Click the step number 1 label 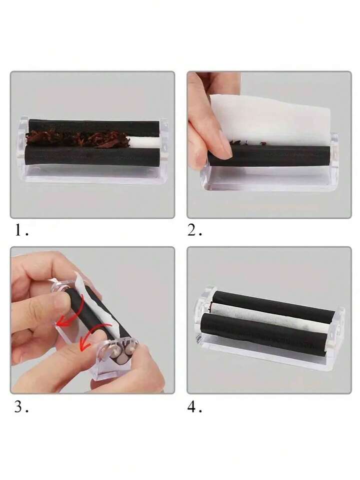point(21,230)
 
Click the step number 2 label point(194,230)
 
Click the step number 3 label point(21,407)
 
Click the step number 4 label point(194,407)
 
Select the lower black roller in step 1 point(92,156)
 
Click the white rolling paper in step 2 point(269,118)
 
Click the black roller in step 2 point(268,156)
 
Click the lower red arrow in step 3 point(92,337)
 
